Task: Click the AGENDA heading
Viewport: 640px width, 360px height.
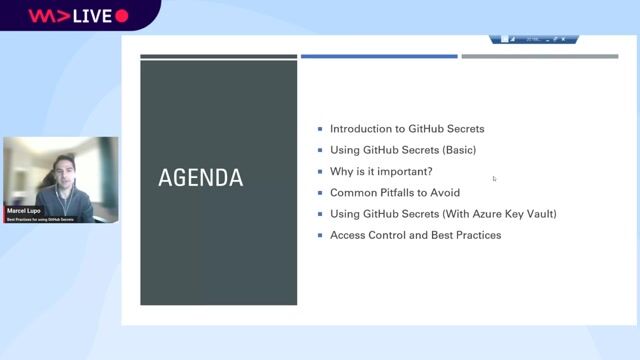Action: click(200, 179)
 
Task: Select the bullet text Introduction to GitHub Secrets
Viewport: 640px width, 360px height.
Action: click(407, 129)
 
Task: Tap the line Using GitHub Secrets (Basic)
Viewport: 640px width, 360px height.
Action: click(403, 150)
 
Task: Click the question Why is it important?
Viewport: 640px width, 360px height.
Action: click(381, 171)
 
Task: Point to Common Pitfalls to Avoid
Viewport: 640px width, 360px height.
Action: click(395, 193)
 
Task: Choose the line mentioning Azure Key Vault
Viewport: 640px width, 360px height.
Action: click(443, 214)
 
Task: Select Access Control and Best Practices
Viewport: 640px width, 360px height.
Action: click(415, 235)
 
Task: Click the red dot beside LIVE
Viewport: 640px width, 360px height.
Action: click(122, 16)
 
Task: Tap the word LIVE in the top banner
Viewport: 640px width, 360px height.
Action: click(90, 16)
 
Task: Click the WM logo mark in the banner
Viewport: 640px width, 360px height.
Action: click(42, 16)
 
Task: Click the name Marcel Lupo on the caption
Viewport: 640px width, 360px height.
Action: click(22, 211)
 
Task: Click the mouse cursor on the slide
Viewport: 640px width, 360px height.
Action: click(494, 179)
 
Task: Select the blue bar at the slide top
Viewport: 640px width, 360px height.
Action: click(379, 56)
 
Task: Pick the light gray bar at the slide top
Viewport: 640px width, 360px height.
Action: click(539, 56)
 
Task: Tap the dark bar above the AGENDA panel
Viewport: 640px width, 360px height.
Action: click(218, 56)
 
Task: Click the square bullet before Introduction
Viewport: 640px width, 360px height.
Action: click(320, 129)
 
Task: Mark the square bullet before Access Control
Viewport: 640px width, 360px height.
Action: click(320, 235)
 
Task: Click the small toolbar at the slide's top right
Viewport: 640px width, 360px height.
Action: click(533, 39)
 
